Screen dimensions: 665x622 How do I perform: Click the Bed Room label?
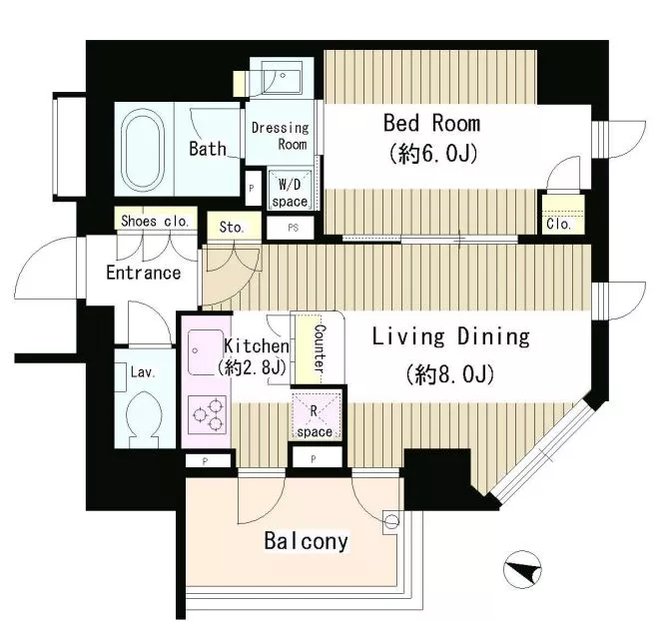point(431,123)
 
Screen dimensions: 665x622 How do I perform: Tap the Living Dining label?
point(451,337)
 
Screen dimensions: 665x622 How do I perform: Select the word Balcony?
point(306,541)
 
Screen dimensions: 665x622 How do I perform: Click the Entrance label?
point(144,273)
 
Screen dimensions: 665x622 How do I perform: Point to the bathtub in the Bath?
point(143,149)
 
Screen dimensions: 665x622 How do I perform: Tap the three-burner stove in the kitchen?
point(207,414)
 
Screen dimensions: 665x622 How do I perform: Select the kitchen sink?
point(206,351)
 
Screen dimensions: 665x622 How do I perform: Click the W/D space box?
point(291,190)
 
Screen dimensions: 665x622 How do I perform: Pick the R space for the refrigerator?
point(316,416)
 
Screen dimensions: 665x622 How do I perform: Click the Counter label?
point(321,349)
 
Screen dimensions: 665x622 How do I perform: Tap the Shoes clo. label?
point(155,221)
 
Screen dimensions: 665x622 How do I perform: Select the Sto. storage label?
point(232,228)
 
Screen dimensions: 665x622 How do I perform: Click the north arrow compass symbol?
point(522,569)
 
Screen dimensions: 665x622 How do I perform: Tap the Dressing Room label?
point(280,136)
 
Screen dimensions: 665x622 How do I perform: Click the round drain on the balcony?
point(391,521)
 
